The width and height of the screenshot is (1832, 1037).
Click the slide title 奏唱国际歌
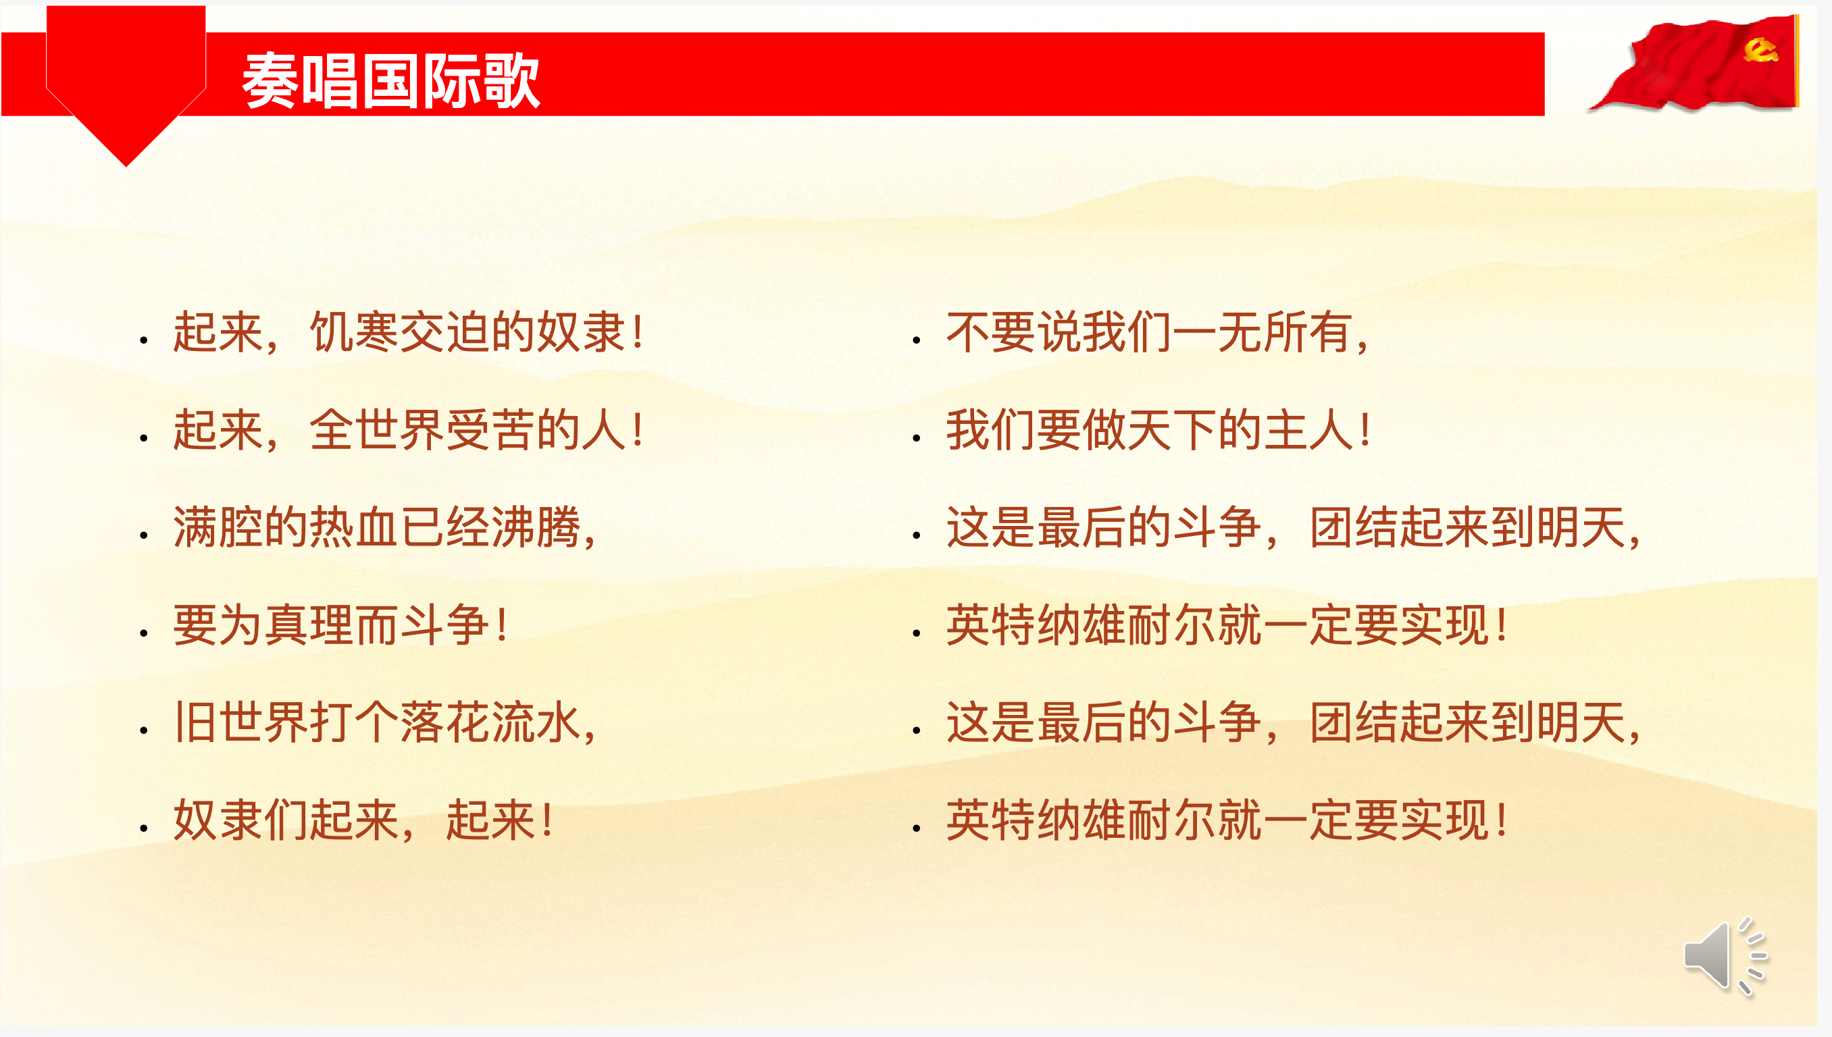click(x=390, y=80)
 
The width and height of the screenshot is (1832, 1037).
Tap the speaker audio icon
click(x=1725, y=956)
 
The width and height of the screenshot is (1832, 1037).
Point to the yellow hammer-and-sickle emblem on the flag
click(x=1760, y=50)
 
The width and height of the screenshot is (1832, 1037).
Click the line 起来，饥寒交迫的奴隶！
click(x=408, y=333)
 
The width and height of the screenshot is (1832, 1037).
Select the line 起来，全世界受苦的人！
click(x=408, y=430)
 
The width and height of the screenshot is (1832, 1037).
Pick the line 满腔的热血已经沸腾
click(x=385, y=528)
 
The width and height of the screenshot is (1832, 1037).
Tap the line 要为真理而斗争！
click(x=340, y=625)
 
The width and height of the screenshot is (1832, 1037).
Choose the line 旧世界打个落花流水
click(x=385, y=722)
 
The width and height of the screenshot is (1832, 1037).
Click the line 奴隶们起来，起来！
click(x=363, y=820)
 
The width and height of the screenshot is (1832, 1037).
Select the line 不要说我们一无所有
click(x=1157, y=333)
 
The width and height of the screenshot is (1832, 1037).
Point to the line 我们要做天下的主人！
click(x=1158, y=430)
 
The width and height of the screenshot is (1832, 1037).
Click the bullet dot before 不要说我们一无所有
click(x=917, y=340)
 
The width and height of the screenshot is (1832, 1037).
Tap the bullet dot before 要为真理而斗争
click(x=144, y=633)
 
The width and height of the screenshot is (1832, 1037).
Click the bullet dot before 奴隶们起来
click(x=144, y=828)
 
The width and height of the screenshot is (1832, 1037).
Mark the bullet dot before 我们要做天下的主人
click(x=917, y=438)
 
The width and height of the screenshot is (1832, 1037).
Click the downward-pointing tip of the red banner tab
click(x=126, y=167)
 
